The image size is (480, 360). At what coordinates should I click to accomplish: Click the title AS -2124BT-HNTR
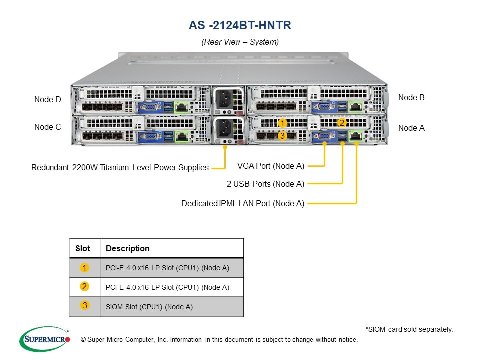240,25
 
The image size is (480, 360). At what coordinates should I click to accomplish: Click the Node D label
47,100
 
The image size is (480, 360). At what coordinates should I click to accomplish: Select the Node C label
47,127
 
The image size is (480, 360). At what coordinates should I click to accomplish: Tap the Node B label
411,98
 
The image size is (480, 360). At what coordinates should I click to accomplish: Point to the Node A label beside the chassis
411,128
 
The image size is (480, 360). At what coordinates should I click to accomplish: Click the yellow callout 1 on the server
282,123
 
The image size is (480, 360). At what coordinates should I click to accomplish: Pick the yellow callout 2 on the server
342,122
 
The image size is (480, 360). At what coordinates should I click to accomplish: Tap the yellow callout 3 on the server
282,135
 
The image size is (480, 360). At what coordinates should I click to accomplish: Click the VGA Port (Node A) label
270,166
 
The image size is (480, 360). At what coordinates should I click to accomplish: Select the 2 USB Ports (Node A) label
265,184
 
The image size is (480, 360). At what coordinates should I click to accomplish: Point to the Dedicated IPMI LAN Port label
243,203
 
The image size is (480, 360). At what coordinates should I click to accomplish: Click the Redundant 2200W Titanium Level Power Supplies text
120,168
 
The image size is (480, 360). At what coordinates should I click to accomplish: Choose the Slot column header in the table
83,248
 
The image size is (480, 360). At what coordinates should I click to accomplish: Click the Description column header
128,248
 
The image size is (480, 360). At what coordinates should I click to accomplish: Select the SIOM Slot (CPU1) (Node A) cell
149,307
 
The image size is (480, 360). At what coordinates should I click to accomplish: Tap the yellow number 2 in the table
85,286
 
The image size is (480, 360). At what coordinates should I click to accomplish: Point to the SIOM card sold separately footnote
409,329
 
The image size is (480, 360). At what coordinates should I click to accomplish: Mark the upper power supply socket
225,100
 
